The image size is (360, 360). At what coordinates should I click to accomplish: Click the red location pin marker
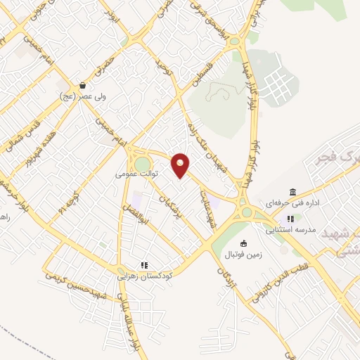point(181,165)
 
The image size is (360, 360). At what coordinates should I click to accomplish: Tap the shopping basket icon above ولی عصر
point(82,85)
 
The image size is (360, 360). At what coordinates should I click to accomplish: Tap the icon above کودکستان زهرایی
point(143,265)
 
